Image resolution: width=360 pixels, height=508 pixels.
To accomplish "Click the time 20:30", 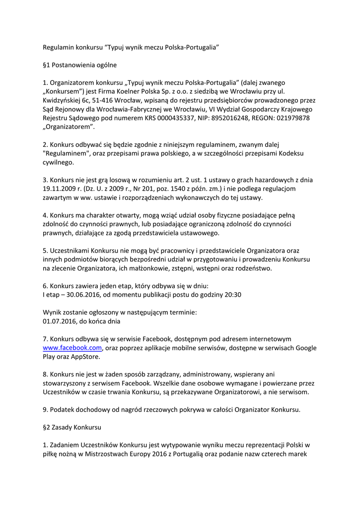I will coord(232,295).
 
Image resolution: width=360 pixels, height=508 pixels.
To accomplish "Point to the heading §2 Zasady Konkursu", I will coord(72,427).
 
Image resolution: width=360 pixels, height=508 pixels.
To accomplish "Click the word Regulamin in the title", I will coord(58,47).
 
